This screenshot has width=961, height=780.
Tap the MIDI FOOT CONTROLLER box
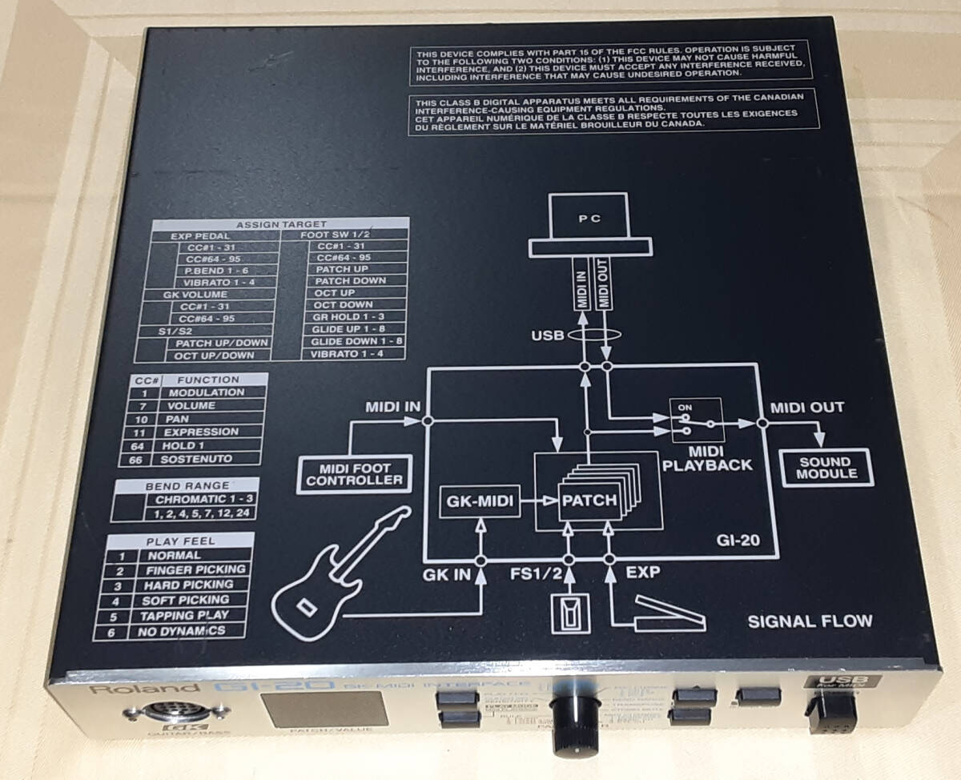(354, 474)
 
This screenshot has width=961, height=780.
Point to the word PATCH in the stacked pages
(589, 502)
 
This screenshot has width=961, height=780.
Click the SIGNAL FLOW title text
(809, 621)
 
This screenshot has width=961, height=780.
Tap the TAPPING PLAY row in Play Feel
(184, 615)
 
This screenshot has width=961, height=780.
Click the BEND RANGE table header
(187, 485)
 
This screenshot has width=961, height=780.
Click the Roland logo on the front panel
(119, 689)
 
